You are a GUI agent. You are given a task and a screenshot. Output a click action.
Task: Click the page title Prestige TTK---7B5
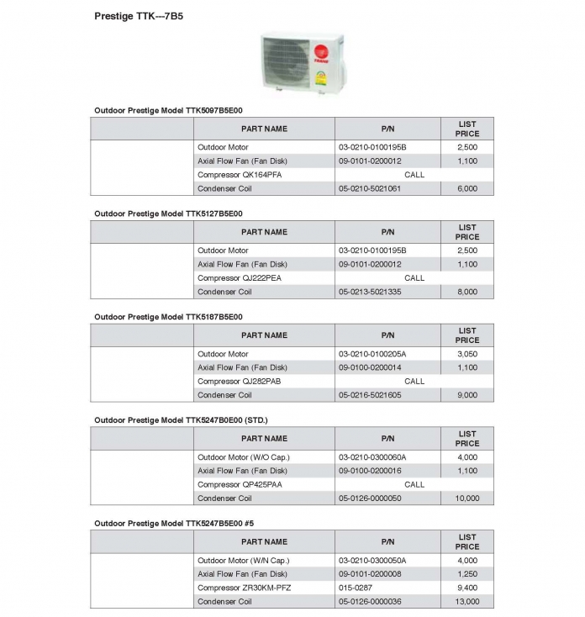coord(139,16)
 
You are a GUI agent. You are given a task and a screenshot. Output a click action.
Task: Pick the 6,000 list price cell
coord(467,189)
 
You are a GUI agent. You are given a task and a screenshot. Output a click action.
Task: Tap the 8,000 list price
coord(467,292)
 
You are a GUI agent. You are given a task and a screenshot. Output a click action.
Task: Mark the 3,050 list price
coord(467,354)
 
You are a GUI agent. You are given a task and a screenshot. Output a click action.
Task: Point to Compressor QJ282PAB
coord(240,381)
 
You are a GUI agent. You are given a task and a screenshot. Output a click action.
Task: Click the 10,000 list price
coord(467,498)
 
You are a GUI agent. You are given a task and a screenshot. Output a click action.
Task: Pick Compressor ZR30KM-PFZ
coord(245,588)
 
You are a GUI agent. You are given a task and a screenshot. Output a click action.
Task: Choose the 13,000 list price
coord(467,602)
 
